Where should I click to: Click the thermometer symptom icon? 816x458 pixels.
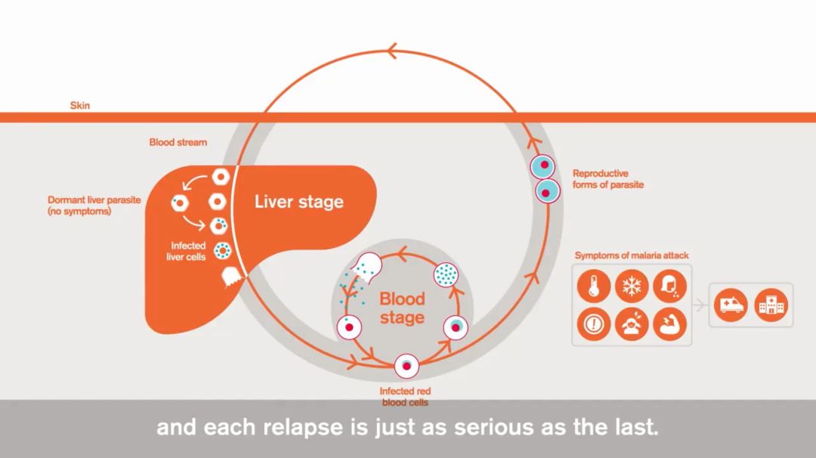[x=594, y=286]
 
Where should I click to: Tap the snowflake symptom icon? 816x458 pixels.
[x=631, y=286]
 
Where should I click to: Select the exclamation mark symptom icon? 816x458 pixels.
[x=594, y=324]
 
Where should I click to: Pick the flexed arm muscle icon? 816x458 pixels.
[x=669, y=324]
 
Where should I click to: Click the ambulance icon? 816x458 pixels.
[x=731, y=305]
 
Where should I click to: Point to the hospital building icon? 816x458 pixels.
[x=771, y=305]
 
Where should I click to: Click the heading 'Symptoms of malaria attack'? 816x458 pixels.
[x=631, y=255]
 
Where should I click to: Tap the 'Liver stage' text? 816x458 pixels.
[x=298, y=202]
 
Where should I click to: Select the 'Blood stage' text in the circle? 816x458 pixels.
[x=402, y=308]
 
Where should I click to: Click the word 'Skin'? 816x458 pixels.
[x=79, y=106]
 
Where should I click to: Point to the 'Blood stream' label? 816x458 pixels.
[x=178, y=142]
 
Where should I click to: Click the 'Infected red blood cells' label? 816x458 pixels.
[x=405, y=397]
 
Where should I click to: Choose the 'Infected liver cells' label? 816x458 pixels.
[x=187, y=251]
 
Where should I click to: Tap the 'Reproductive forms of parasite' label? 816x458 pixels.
[x=607, y=178]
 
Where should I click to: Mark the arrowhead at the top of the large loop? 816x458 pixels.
[x=392, y=51]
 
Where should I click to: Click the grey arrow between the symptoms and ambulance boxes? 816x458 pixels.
[x=700, y=306]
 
